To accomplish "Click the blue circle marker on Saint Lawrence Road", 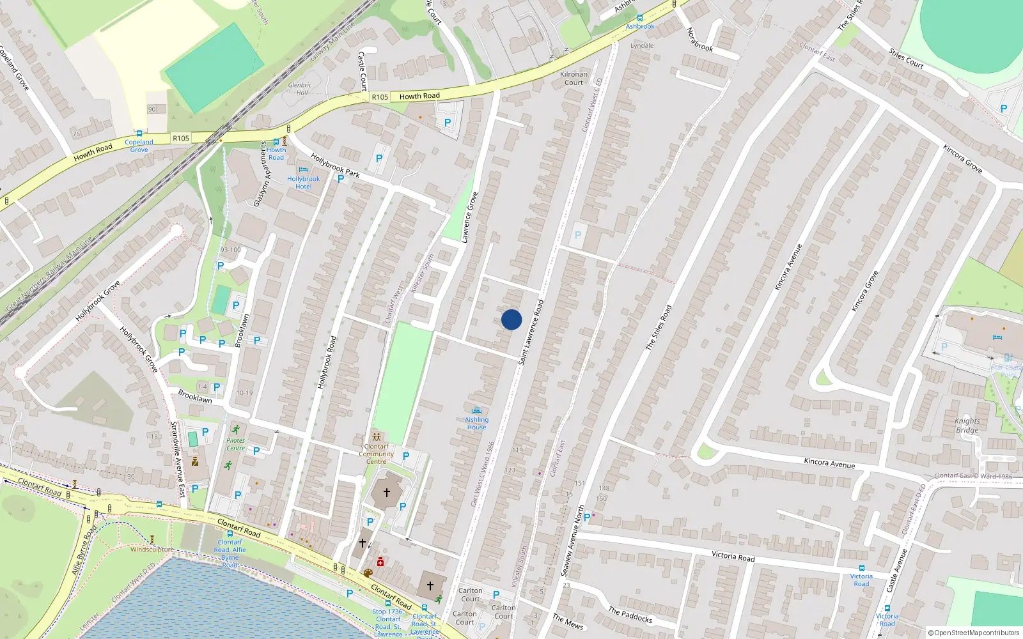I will coord(511,319).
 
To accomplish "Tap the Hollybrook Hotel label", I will coord(303,183).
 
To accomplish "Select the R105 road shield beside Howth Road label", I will coord(380,97).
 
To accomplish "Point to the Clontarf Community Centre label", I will coord(376,454).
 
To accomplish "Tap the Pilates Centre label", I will coord(235,444).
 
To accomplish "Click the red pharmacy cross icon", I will coord(380,562).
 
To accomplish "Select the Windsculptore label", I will coord(152,550).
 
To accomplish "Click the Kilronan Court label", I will coord(574,78).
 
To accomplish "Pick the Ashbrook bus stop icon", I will coord(640,18).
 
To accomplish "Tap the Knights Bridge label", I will coord(967,425).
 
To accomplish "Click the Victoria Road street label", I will coord(733,557).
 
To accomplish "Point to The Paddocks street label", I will coord(630,615).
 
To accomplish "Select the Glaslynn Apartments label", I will coord(261,174).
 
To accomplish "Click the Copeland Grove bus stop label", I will coord(139,146).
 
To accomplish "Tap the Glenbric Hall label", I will coord(300,88).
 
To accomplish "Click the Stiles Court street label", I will coord(906,59).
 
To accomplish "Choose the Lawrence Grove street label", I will coord(470,217).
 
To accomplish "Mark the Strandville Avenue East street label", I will coord(178,459).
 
